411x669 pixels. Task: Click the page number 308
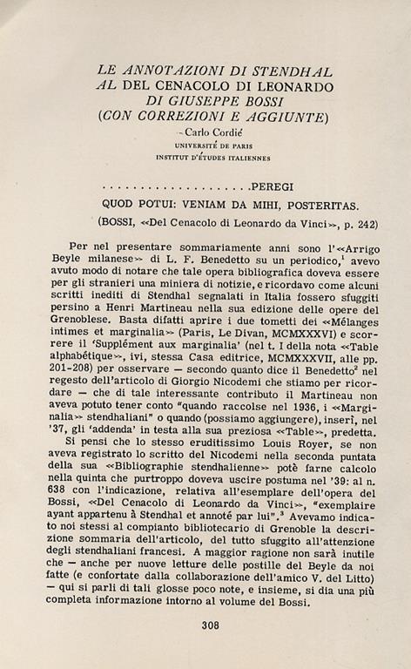coord(208,624)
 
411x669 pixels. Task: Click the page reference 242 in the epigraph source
coord(367,222)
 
